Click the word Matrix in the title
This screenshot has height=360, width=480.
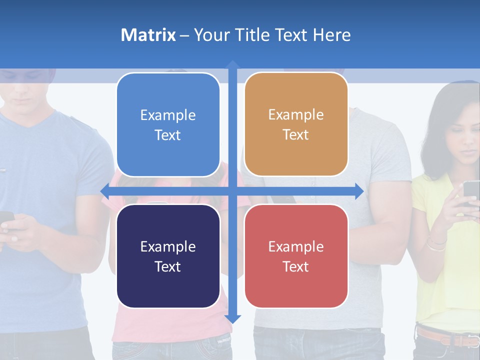(x=148, y=35)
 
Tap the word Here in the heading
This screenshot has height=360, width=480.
(x=331, y=35)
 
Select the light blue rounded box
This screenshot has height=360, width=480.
(x=168, y=124)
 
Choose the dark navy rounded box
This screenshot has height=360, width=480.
(x=168, y=256)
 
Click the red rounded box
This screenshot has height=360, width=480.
(x=296, y=256)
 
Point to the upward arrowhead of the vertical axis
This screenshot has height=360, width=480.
(x=232, y=64)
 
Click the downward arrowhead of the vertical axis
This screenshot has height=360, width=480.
(x=232, y=319)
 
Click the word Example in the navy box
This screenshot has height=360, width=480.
(x=168, y=246)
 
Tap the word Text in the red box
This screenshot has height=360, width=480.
(x=296, y=266)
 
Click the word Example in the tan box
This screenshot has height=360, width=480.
(x=296, y=114)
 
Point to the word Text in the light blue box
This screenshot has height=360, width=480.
(x=168, y=135)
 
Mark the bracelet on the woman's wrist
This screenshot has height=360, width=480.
(x=436, y=244)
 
